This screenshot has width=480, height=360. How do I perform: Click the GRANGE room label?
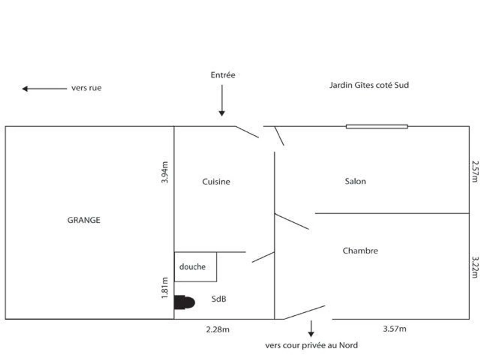click(84, 220)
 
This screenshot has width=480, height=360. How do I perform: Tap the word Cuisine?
click(216, 182)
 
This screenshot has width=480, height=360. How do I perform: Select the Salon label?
click(355, 181)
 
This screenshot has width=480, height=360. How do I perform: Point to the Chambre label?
click(360, 251)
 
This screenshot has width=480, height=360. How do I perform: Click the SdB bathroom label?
click(219, 298)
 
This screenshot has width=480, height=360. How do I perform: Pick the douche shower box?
click(195, 267)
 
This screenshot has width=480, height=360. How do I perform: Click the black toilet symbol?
click(184, 302)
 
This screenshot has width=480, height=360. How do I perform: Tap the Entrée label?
click(223, 75)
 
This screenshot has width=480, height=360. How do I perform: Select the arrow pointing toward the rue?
click(44, 88)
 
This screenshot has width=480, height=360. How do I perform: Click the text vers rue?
click(86, 88)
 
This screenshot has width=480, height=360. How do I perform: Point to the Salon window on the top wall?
click(377, 126)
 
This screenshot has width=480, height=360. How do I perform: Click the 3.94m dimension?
click(165, 172)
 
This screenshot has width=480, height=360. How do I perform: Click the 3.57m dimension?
click(394, 329)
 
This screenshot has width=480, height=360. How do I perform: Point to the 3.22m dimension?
click(475, 267)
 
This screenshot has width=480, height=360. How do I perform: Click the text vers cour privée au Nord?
click(311, 345)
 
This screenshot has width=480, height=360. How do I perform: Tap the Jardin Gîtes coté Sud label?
click(369, 85)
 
